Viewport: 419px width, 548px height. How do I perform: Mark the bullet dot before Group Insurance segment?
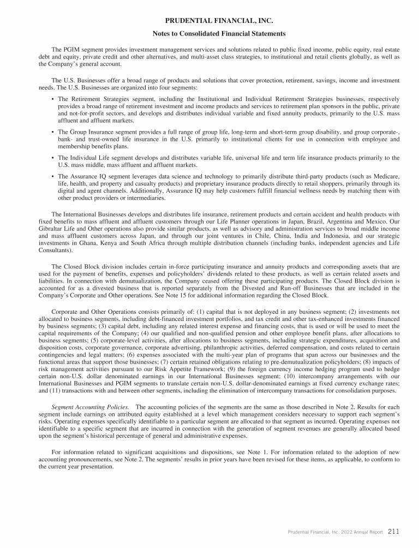pyautogui.click(x=51, y=132)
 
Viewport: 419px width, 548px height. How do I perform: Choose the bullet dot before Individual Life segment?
pyautogui.click(x=51, y=158)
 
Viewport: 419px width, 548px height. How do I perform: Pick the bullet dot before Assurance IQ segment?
pyautogui.click(x=51, y=176)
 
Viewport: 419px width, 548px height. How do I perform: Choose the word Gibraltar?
pyautogui.click(x=51, y=229)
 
